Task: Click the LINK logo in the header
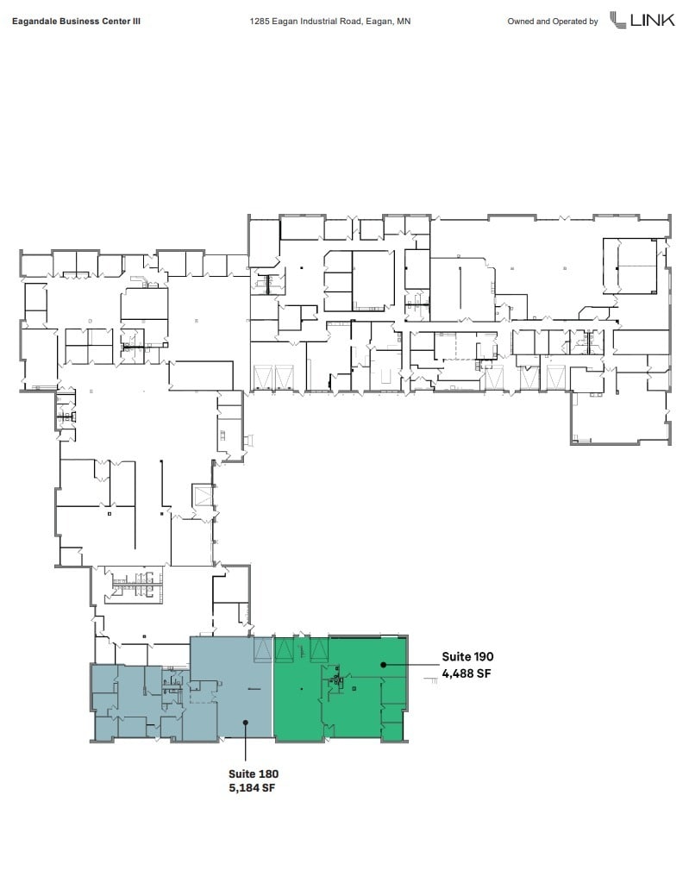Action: (x=642, y=20)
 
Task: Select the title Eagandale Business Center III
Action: (x=77, y=22)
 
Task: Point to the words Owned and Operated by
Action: (x=552, y=22)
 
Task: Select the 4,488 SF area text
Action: (x=467, y=674)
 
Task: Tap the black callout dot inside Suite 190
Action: (x=384, y=665)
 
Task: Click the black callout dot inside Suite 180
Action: (x=246, y=723)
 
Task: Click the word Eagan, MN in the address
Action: (x=391, y=22)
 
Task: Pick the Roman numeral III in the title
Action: (x=135, y=22)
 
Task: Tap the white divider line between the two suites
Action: (x=272, y=690)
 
